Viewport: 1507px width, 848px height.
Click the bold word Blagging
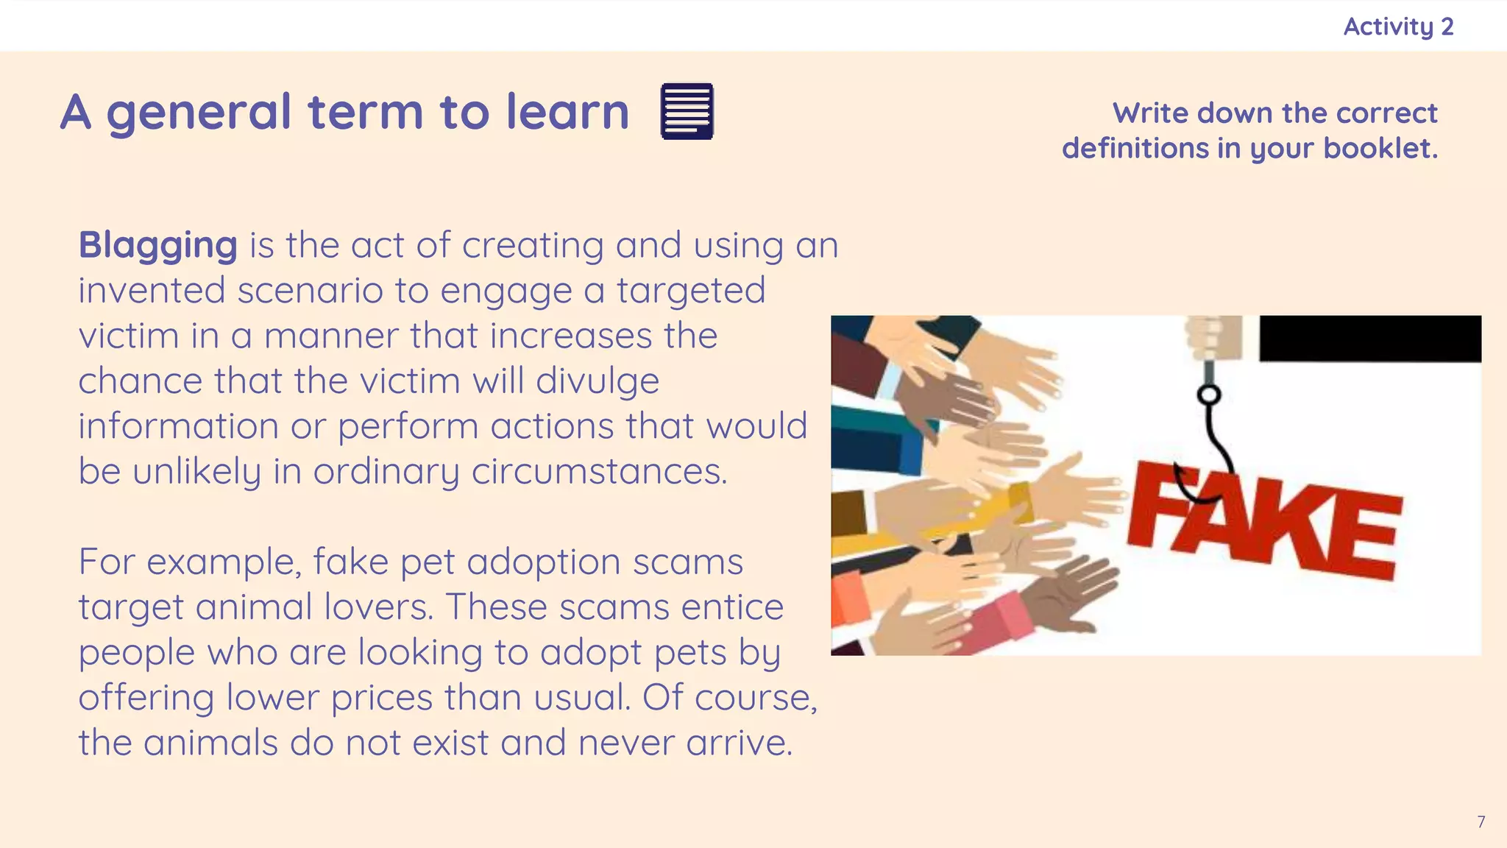157,245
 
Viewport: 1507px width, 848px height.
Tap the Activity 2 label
1398,26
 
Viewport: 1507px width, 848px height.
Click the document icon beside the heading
687,111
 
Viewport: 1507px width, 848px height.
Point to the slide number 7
1481,822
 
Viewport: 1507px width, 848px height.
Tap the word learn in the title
567,112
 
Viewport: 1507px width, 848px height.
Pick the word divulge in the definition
597,381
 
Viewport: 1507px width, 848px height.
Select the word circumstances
599,471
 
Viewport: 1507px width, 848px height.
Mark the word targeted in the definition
690,290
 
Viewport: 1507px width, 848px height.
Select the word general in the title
199,112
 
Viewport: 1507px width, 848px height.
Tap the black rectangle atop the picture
1369,339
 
